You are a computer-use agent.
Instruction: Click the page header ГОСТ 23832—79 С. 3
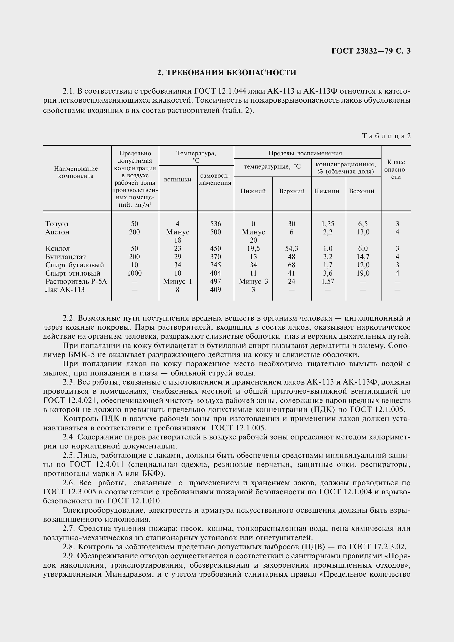pos(371,51)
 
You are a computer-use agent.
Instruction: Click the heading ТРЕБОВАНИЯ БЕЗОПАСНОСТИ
pos(227,73)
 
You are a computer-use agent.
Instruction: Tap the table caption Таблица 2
pos(386,136)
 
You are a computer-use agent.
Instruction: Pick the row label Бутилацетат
pos(65,257)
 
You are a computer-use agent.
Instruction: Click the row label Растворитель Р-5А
pos(76,281)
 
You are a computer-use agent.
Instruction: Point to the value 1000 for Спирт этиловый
pos(135,273)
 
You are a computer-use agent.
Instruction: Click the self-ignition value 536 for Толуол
pos(215,224)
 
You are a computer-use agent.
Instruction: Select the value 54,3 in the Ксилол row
pos(291,249)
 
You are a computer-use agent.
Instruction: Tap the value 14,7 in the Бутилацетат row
pos(363,257)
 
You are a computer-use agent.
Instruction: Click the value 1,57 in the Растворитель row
pos(328,281)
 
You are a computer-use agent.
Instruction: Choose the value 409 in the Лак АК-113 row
pos(215,290)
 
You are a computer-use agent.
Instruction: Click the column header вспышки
pos(178,180)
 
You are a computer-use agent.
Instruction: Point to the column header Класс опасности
pos(396,169)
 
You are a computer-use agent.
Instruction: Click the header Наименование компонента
pos(76,172)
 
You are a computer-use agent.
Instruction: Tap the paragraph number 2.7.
pos(69,528)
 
